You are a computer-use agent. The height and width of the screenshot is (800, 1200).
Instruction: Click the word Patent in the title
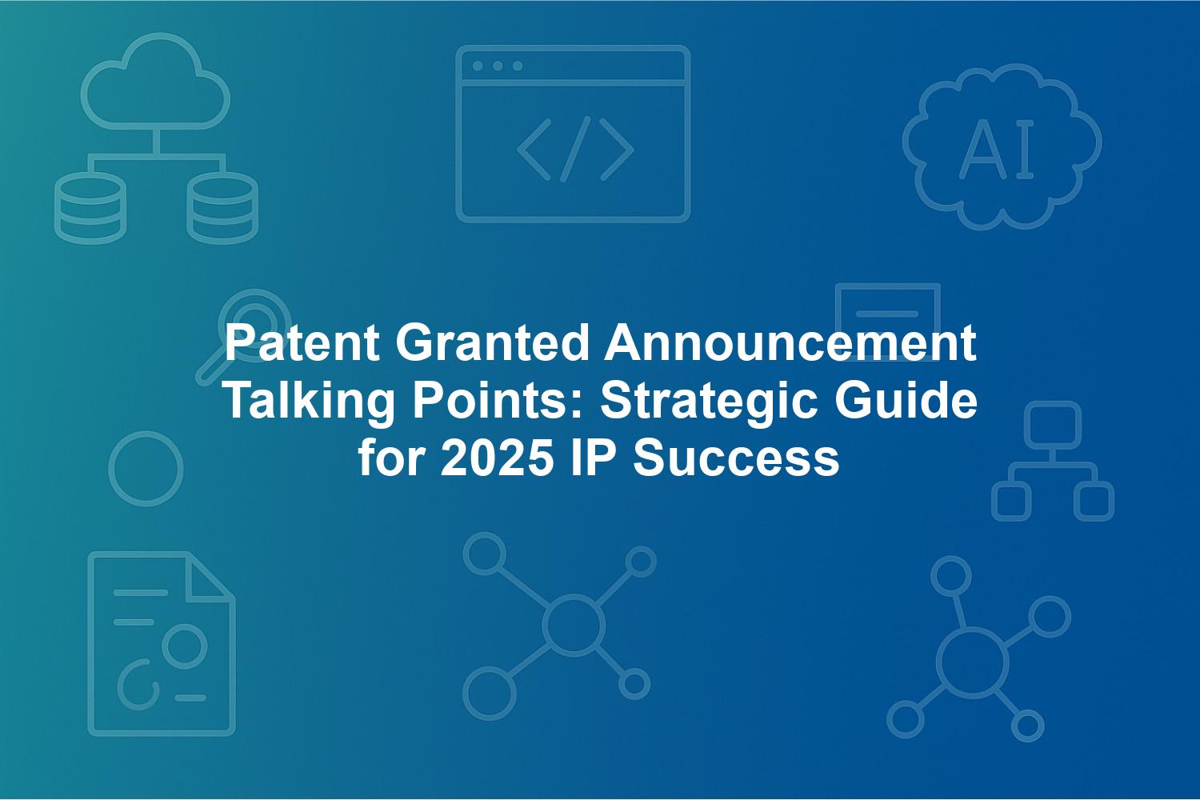[302, 343]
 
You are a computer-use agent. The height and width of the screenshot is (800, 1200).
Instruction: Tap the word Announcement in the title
[790, 343]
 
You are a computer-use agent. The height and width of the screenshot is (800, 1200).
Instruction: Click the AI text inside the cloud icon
[997, 150]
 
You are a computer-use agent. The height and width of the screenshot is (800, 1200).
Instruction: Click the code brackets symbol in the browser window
[576, 149]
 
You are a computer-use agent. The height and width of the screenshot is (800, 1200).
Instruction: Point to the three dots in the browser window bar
[498, 66]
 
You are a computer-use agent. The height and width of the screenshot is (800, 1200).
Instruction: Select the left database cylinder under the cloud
[90, 209]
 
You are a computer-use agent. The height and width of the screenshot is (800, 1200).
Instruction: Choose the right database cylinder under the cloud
[222, 209]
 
